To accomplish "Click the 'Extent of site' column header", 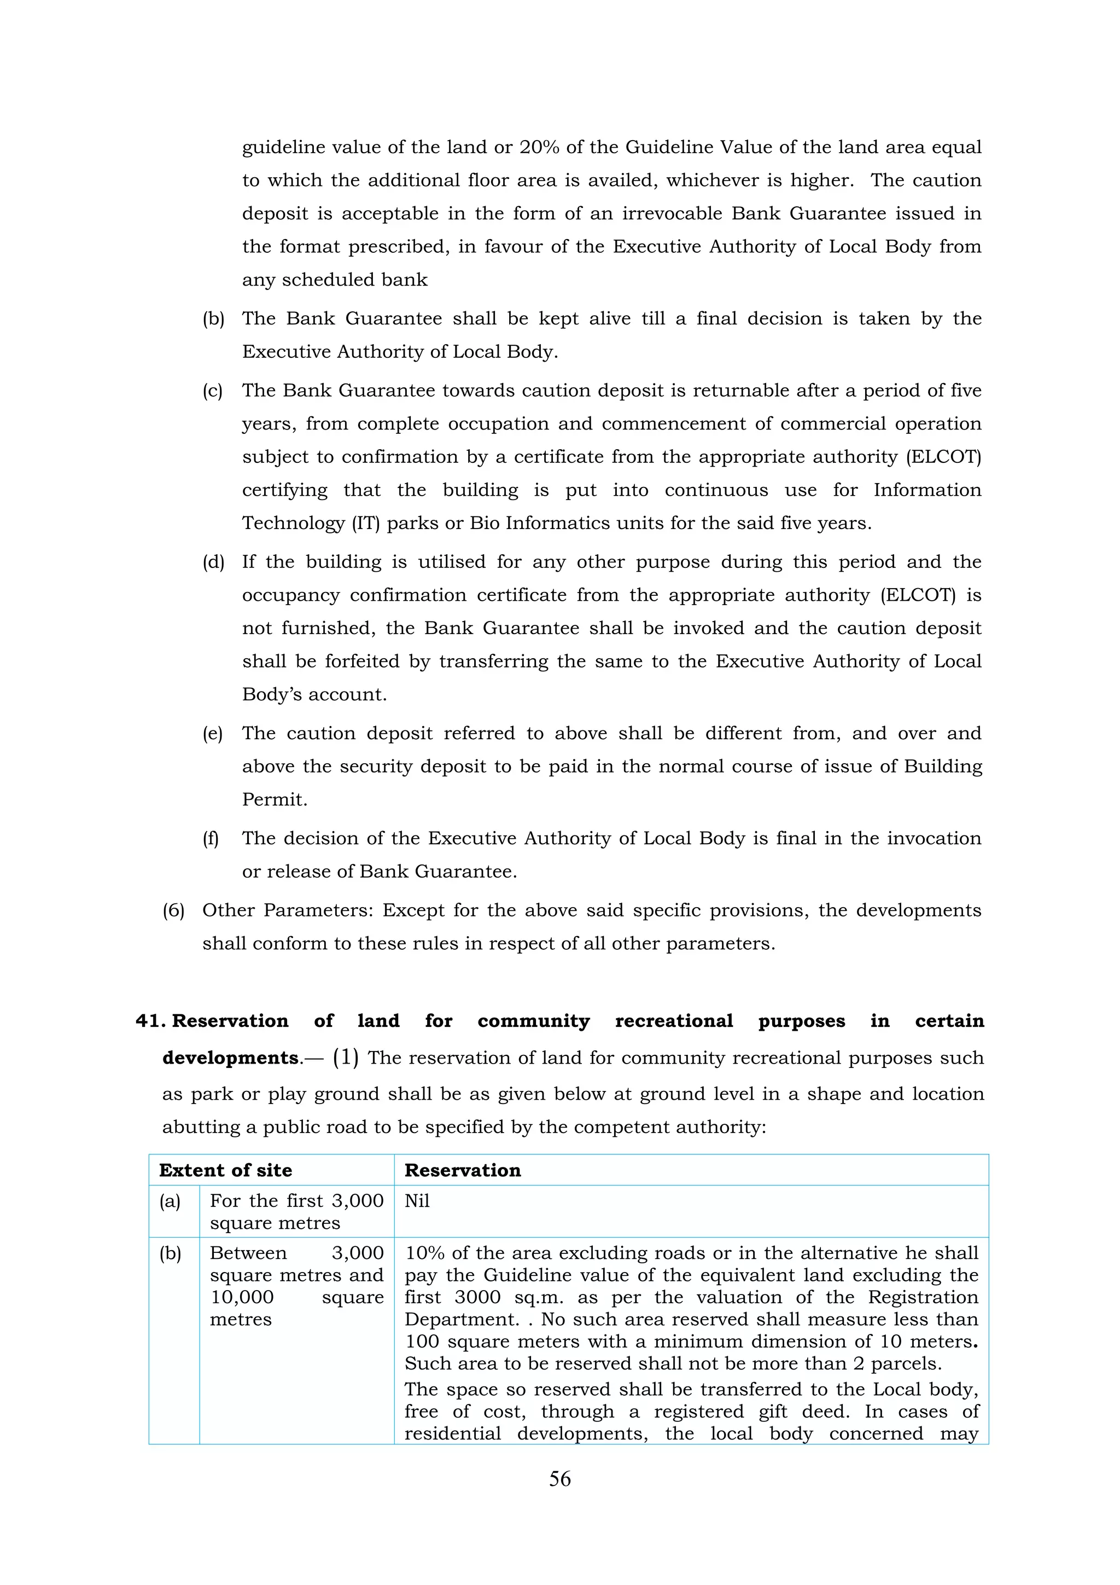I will (x=226, y=1170).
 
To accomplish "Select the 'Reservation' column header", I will (x=462, y=1170).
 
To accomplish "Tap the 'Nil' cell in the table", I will (x=417, y=1201).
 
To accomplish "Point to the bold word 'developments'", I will (x=230, y=1058).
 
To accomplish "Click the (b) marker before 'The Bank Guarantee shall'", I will (x=213, y=319).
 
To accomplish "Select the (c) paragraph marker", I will (x=213, y=391).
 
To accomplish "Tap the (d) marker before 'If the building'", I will (x=213, y=562).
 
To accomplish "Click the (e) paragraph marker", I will (x=213, y=733).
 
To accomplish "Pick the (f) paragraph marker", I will (x=211, y=838).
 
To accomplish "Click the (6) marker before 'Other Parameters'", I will (x=173, y=910).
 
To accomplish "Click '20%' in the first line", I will (x=539, y=147).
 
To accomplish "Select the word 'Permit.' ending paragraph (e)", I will (x=275, y=800).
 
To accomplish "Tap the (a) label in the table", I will (x=170, y=1201).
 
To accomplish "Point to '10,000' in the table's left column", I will (x=242, y=1297).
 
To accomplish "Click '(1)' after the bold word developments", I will (x=345, y=1058).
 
